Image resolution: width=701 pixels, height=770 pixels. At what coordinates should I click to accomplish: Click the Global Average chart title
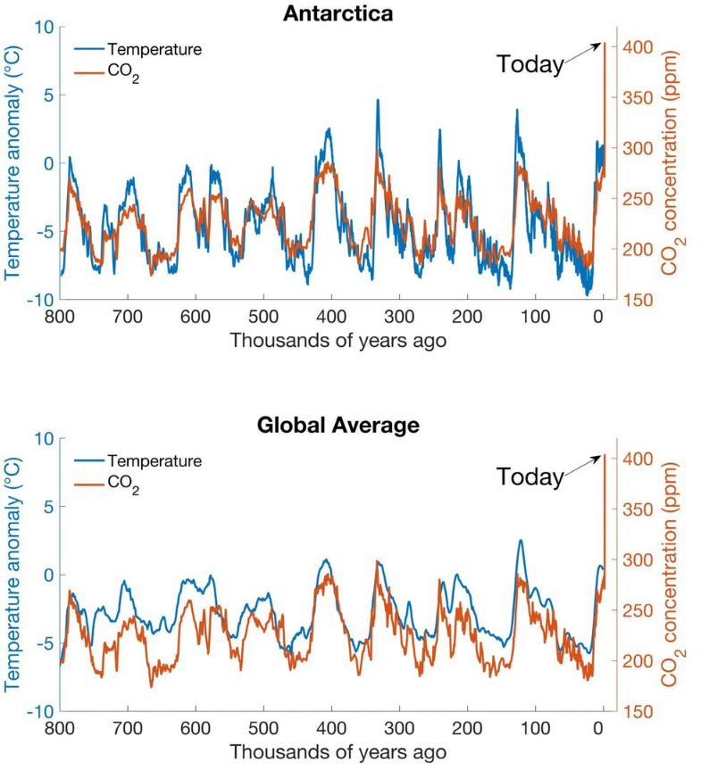(338, 426)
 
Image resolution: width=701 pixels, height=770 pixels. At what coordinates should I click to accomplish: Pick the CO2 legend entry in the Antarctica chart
(122, 77)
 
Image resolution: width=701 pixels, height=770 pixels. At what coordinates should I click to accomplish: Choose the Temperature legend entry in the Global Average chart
(154, 461)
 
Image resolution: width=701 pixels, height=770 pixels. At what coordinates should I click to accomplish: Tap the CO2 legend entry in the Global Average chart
(122, 488)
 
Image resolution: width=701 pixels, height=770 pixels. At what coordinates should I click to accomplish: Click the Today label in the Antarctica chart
(530, 64)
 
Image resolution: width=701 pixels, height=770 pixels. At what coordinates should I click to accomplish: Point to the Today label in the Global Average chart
(530, 476)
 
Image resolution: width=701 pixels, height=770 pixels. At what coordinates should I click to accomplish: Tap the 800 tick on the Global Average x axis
(60, 728)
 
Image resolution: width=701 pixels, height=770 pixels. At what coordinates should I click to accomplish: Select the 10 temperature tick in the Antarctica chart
(43, 27)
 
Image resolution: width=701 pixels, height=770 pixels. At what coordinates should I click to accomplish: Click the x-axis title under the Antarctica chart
(331, 341)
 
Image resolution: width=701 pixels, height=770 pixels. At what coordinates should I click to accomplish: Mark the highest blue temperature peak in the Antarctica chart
(378, 100)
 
